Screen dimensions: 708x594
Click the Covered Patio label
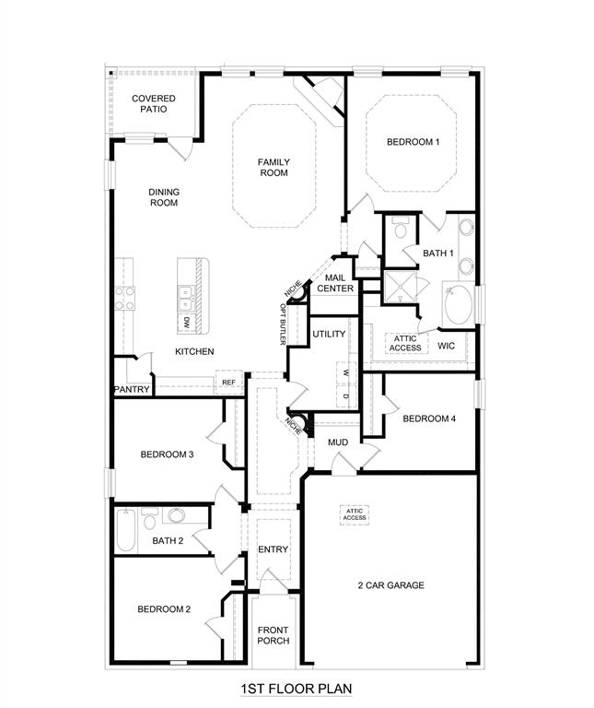click(153, 103)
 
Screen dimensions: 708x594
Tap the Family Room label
click(274, 167)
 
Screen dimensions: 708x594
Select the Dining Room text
click(164, 197)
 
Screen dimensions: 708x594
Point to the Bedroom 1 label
click(413, 142)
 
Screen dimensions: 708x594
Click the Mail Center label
click(335, 283)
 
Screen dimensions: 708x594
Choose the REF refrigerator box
click(228, 382)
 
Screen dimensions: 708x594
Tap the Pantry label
click(131, 390)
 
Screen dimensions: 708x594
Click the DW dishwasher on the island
click(186, 323)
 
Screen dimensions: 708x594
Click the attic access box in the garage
click(355, 514)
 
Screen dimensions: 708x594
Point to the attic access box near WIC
click(405, 343)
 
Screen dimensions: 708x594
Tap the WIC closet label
click(447, 346)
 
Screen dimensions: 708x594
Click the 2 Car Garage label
click(391, 585)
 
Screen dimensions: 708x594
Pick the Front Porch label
click(274, 635)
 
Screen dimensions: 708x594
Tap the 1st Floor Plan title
click(297, 689)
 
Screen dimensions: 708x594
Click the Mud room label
click(338, 442)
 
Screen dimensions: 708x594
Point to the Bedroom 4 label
click(429, 419)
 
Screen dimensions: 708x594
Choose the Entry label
click(274, 549)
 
